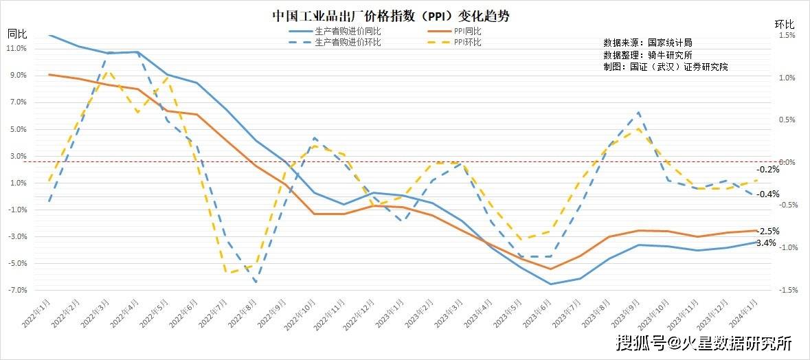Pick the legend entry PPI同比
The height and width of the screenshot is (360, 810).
click(x=466, y=31)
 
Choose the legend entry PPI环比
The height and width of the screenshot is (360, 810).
click(x=466, y=42)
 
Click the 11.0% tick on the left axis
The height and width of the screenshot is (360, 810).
click(x=16, y=48)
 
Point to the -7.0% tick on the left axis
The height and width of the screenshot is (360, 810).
click(x=16, y=290)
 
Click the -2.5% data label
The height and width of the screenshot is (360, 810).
click(x=767, y=231)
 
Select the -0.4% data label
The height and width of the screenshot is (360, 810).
click(x=767, y=194)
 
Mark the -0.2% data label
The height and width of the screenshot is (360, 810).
click(x=767, y=170)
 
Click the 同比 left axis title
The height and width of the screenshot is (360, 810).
click(x=16, y=33)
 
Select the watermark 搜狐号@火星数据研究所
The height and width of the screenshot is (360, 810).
click(x=704, y=342)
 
